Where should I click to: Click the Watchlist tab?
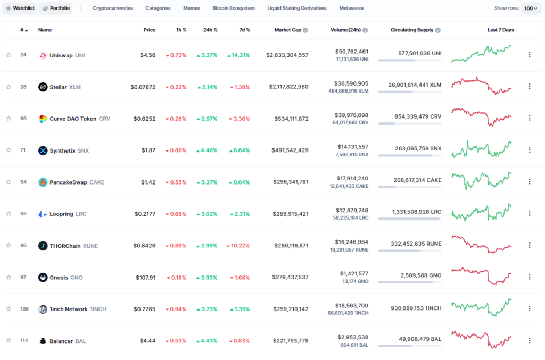[20, 8]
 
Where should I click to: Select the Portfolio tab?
[56, 8]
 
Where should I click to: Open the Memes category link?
[192, 8]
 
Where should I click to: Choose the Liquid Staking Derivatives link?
[297, 8]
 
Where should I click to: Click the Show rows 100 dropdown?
[531, 9]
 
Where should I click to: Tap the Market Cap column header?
[288, 30]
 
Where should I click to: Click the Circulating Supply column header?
[412, 30]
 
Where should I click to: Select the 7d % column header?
[245, 30]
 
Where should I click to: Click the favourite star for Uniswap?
[9, 55]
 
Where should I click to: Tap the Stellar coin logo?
[43, 87]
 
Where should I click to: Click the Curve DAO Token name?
[73, 119]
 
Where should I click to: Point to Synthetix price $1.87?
[148, 150]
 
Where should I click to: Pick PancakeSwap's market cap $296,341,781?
[291, 182]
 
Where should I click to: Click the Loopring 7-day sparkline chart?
[481, 213]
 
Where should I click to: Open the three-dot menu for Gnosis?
[530, 277]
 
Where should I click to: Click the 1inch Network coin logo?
[43, 309]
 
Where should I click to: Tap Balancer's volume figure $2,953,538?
[353, 337]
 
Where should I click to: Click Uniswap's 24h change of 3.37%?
[207, 55]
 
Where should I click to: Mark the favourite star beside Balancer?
[9, 340]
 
